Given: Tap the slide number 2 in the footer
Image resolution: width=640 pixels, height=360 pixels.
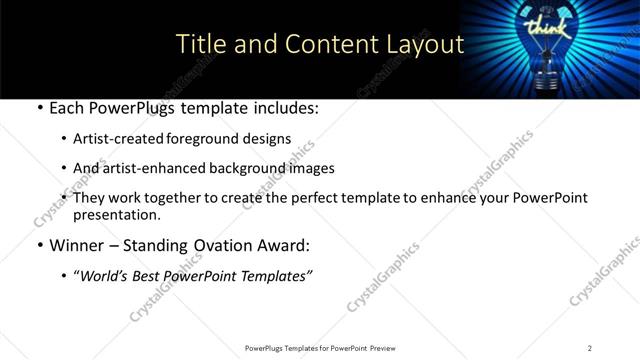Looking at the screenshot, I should point(590,348).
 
